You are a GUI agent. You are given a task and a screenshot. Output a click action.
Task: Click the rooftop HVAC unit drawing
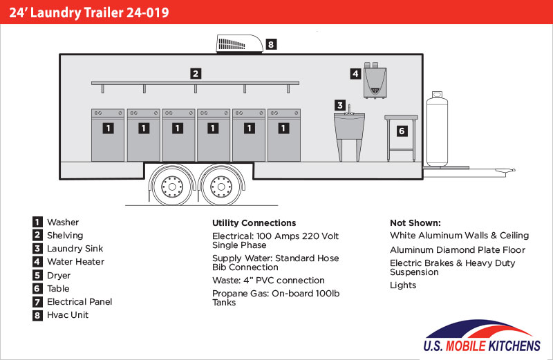[239, 44]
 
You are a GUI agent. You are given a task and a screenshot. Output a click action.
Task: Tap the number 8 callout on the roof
[271, 44]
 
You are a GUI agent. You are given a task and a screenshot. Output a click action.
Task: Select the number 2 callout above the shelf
[196, 74]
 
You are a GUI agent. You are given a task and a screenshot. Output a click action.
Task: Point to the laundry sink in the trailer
[349, 133]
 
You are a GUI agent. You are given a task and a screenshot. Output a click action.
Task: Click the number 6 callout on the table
[402, 131]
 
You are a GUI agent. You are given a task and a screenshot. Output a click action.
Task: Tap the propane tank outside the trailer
[437, 129]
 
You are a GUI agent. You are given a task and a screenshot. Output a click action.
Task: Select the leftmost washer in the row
[108, 135]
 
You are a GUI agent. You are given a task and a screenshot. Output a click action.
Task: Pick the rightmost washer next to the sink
[284, 135]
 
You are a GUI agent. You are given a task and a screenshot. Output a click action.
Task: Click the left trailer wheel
[172, 186]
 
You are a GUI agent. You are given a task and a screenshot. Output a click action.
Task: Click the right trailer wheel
[221, 186]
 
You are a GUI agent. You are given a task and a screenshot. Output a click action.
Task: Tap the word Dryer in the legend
[59, 276]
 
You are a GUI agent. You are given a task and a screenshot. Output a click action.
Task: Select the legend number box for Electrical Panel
[37, 302]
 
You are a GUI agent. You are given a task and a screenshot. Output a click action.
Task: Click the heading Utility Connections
[254, 222]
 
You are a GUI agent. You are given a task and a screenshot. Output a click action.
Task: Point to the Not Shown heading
[415, 222]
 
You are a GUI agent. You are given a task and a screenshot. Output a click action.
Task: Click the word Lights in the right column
[403, 285]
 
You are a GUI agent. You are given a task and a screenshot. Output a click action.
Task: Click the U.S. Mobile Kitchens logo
[482, 336]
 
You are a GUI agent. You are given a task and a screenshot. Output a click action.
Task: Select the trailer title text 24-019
[148, 12]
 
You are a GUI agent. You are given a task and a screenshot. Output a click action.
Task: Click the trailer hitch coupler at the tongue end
[507, 171]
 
